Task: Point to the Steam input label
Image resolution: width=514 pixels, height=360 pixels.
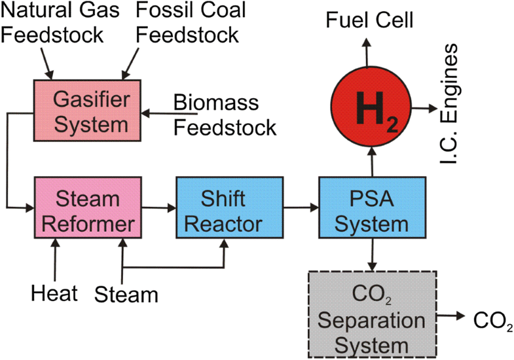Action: [126, 294]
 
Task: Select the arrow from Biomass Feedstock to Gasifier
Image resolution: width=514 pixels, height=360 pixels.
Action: [157, 114]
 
